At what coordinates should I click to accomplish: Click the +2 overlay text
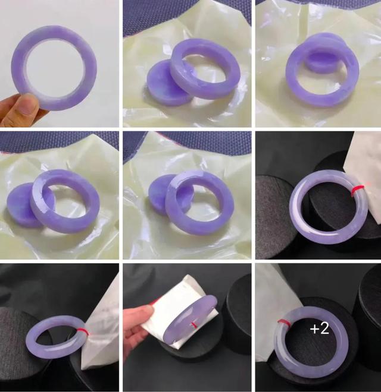point(319,328)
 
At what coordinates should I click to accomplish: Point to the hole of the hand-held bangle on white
point(55,68)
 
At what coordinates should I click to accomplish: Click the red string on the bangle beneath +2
point(285,323)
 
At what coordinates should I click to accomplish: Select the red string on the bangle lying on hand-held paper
point(193,325)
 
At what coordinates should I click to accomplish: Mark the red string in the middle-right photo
point(357,189)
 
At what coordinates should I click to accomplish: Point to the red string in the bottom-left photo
point(83,331)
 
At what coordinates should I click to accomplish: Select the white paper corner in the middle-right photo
point(364,175)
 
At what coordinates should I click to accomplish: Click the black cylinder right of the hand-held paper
point(238,308)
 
